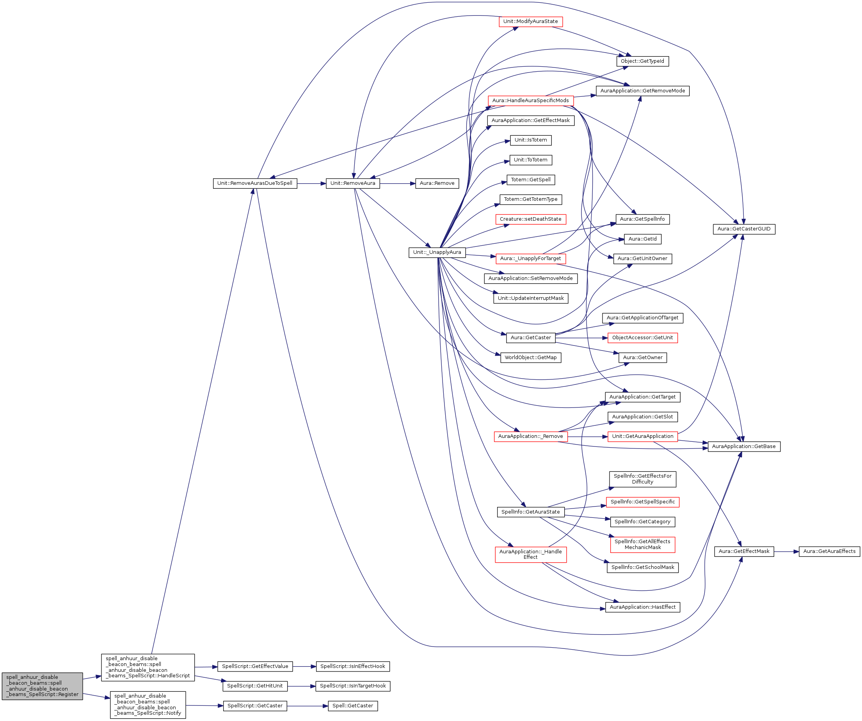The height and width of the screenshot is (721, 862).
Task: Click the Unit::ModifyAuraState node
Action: [x=530, y=22]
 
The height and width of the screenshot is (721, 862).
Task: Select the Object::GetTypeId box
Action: [x=642, y=62]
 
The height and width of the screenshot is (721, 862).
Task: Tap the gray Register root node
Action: [x=42, y=686]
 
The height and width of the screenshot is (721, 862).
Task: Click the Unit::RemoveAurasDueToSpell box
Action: [x=254, y=183]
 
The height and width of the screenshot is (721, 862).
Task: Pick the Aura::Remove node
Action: [x=437, y=183]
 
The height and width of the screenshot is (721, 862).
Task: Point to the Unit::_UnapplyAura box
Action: [x=437, y=252]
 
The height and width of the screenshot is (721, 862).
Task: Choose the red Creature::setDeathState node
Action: [x=530, y=220]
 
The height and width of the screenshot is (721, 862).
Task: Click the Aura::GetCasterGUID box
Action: [x=744, y=229]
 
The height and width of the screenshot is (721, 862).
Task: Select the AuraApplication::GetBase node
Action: [x=744, y=446]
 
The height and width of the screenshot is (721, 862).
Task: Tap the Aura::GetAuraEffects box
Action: [x=829, y=551]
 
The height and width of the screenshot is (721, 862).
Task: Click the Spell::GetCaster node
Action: [x=353, y=706]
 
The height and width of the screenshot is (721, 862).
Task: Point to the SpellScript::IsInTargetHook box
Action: [x=353, y=686]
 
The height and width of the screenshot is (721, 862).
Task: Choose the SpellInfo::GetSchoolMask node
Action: [x=642, y=567]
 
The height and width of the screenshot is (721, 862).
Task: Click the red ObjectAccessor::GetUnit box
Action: [x=642, y=338]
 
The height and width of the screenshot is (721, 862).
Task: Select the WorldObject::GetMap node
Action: [x=530, y=358]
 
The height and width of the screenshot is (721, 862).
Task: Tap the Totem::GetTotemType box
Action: [x=530, y=199]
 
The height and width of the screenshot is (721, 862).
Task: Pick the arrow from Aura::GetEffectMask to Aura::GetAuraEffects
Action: [x=786, y=552]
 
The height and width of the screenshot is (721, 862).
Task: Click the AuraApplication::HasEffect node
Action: [x=642, y=607]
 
